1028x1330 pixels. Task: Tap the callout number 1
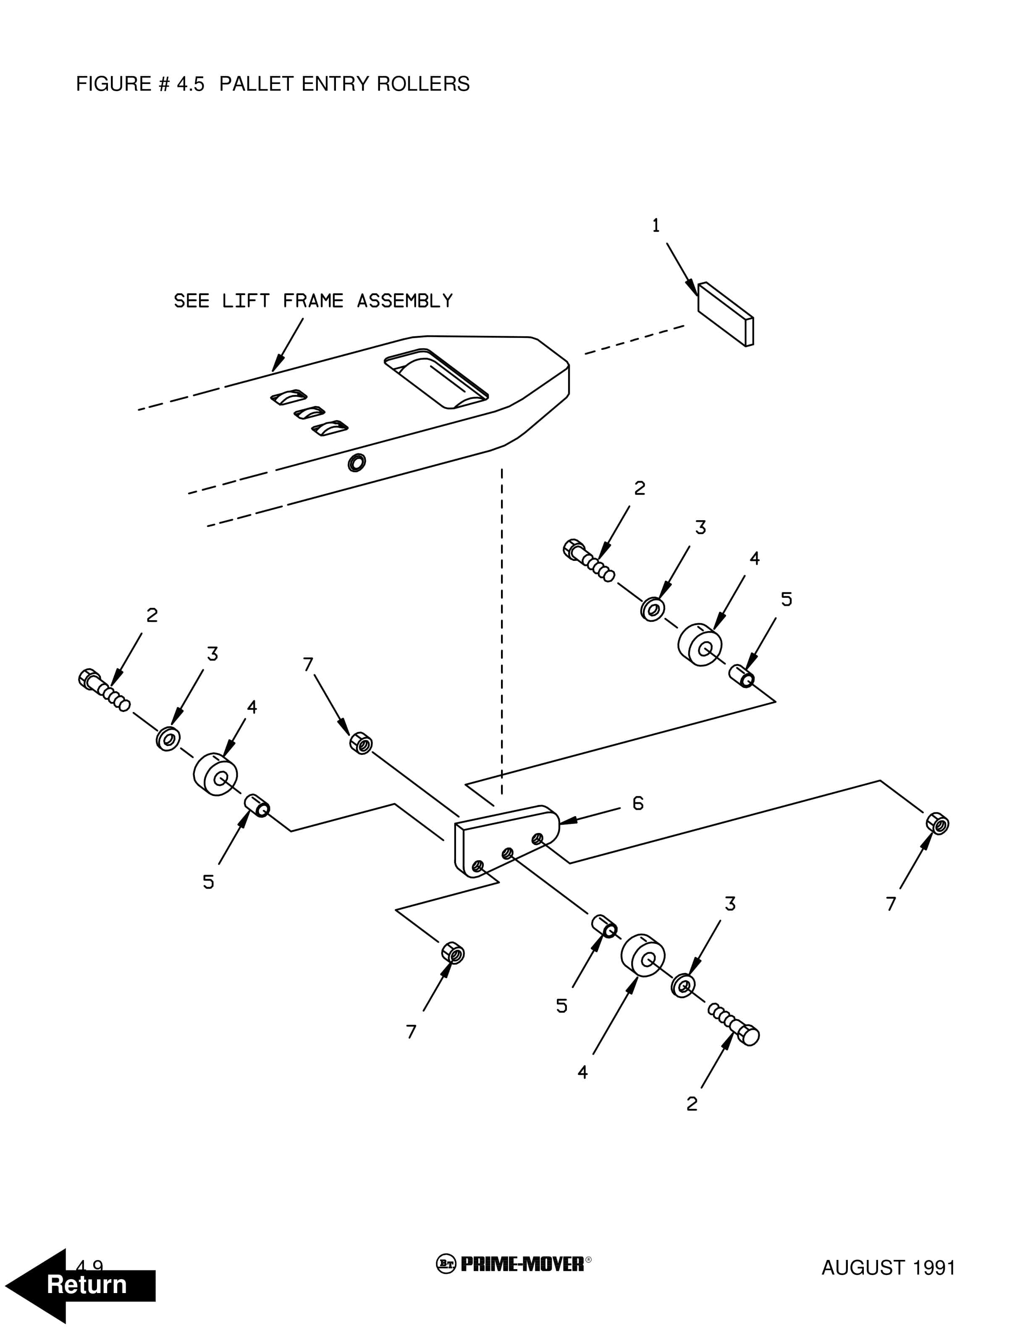coord(656,226)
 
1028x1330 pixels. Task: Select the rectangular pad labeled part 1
coord(725,314)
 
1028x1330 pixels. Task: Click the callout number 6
coord(637,804)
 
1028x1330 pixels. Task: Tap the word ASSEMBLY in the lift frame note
coord(404,301)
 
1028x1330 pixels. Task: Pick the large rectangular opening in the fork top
coord(436,379)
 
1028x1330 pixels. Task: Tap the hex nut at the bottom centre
coord(453,953)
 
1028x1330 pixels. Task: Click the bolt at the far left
coord(104,690)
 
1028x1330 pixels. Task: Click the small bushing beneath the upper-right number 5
coord(742,676)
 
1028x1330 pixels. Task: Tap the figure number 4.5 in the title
coord(191,84)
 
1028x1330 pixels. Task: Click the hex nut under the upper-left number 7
coord(361,744)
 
